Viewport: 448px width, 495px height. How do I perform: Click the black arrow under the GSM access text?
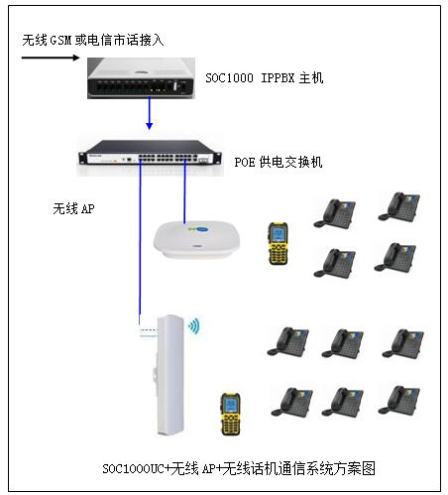click(x=50, y=58)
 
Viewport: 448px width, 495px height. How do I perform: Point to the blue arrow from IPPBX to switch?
click(x=148, y=117)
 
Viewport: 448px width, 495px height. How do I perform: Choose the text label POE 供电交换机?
click(x=278, y=162)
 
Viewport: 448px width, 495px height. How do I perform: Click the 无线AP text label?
click(x=73, y=210)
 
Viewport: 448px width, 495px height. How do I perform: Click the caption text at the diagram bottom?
click(x=239, y=467)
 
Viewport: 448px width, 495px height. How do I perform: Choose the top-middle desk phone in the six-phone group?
click(x=342, y=342)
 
